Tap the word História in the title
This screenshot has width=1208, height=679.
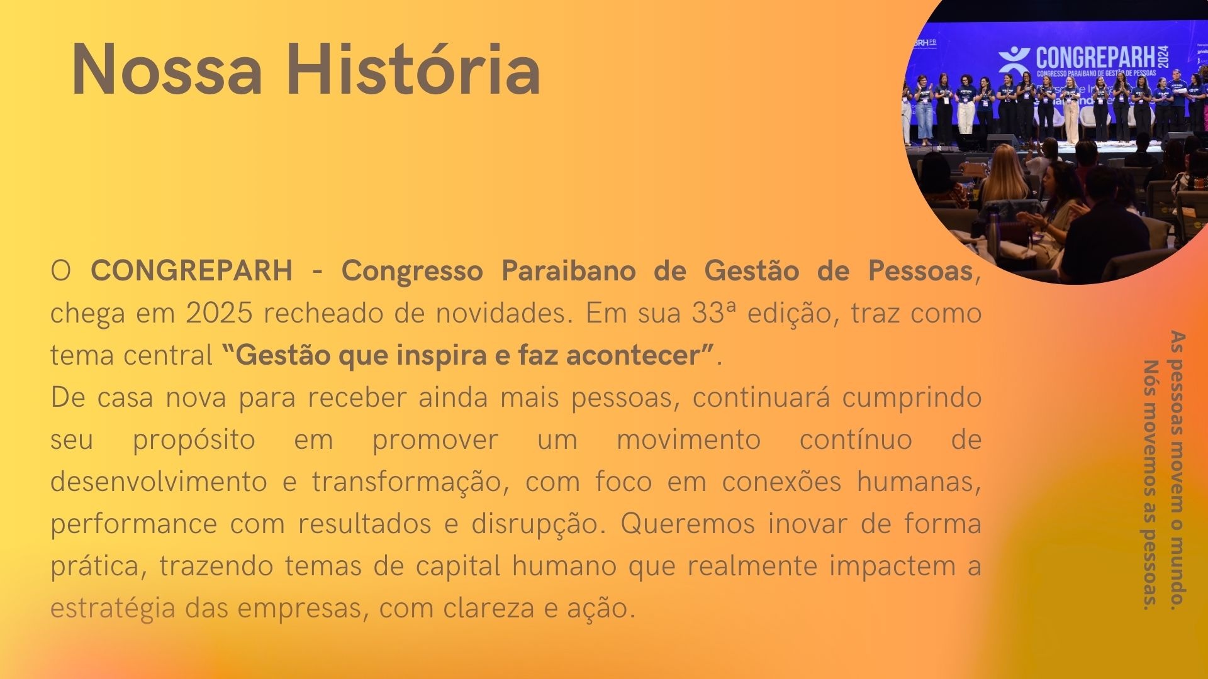413,68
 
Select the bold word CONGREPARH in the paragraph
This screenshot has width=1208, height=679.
192,271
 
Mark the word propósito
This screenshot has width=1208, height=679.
194,440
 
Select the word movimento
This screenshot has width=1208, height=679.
688,439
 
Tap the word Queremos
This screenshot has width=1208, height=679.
688,524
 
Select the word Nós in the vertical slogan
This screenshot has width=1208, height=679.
1151,375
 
